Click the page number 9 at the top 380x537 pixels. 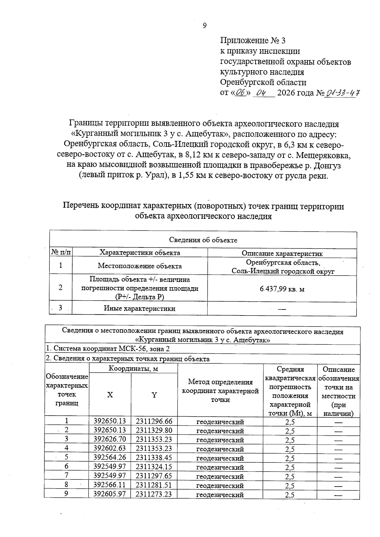(x=205, y=26)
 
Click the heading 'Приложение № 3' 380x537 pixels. (x=253, y=41)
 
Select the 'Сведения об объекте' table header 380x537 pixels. (x=203, y=240)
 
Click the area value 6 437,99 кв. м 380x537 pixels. (x=282, y=289)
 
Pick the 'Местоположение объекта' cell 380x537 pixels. (x=140, y=266)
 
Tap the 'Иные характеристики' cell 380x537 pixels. (x=140, y=309)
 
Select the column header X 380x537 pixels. (x=110, y=395)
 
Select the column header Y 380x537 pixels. (x=154, y=395)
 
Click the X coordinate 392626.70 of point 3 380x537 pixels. (x=110, y=440)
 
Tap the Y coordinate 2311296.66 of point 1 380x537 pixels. (x=154, y=421)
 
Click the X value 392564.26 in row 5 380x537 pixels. (x=110, y=458)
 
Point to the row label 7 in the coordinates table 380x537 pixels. (x=66, y=476)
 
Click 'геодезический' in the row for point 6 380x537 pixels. (x=220, y=467)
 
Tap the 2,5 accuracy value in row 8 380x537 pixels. (x=290, y=485)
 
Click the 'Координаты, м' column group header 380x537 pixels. (x=133, y=368)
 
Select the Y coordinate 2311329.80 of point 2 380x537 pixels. (x=154, y=430)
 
